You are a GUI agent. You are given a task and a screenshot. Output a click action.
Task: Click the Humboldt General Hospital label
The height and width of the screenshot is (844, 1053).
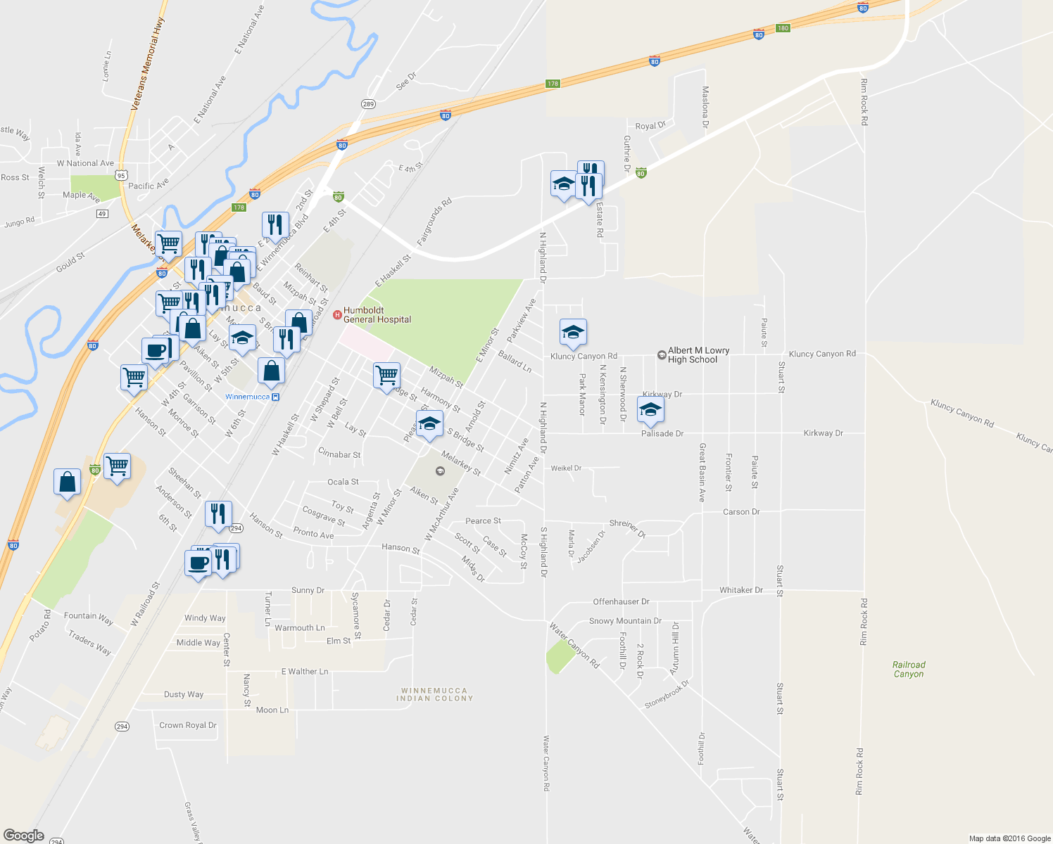[x=377, y=314]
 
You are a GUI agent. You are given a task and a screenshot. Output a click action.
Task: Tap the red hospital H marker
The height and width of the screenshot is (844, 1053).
[x=337, y=314]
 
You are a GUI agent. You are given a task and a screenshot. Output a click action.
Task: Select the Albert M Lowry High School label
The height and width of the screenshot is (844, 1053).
[x=698, y=354]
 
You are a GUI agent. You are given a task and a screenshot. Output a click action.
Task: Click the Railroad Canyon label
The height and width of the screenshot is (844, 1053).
[x=909, y=669]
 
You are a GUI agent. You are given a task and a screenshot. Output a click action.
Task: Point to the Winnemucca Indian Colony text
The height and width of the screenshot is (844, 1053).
[x=434, y=694]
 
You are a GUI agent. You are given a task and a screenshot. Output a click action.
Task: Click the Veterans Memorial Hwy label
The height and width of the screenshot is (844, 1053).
[x=147, y=63]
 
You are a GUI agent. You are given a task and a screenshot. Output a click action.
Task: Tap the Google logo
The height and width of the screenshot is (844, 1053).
[x=24, y=835]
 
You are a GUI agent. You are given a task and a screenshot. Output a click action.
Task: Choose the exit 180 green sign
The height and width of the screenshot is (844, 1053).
[x=783, y=28]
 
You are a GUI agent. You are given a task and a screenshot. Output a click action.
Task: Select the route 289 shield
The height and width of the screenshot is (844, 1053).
[x=368, y=104]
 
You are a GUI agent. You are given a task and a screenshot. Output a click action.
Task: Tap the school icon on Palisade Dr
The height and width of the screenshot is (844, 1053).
[x=650, y=410]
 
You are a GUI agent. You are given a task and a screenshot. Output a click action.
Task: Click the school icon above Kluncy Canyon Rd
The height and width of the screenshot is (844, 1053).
[x=573, y=332]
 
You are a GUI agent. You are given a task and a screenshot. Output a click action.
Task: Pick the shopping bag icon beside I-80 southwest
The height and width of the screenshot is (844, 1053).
[x=67, y=482]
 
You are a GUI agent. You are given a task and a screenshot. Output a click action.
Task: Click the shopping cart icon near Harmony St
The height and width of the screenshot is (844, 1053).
[x=386, y=376]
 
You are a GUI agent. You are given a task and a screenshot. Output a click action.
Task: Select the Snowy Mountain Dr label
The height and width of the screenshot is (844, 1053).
[x=625, y=621]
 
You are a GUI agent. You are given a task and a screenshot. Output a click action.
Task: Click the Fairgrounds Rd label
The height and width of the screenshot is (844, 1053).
[x=434, y=222]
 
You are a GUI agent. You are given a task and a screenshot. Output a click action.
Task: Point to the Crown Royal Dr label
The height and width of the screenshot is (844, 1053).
[x=187, y=725]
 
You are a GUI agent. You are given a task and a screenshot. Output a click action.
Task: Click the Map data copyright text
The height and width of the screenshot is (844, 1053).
[x=1009, y=838]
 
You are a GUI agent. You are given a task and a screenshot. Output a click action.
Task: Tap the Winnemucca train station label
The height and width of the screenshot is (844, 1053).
[x=252, y=397]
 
